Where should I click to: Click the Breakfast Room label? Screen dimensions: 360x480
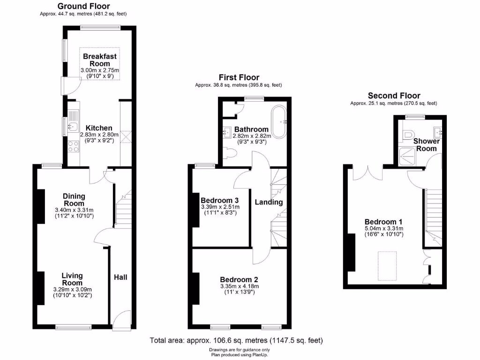(x=99, y=60)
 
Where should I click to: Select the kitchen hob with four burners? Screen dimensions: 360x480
(x=74, y=146)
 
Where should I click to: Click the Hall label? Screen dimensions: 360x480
(x=120, y=277)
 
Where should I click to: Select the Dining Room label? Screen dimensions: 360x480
(x=74, y=200)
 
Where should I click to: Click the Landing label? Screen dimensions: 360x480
(x=269, y=202)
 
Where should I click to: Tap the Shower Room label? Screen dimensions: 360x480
(x=426, y=144)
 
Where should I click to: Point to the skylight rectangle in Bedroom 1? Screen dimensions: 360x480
(x=387, y=265)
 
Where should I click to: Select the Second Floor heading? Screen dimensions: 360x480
(x=394, y=96)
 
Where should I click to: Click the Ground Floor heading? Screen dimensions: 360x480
(x=83, y=6)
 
